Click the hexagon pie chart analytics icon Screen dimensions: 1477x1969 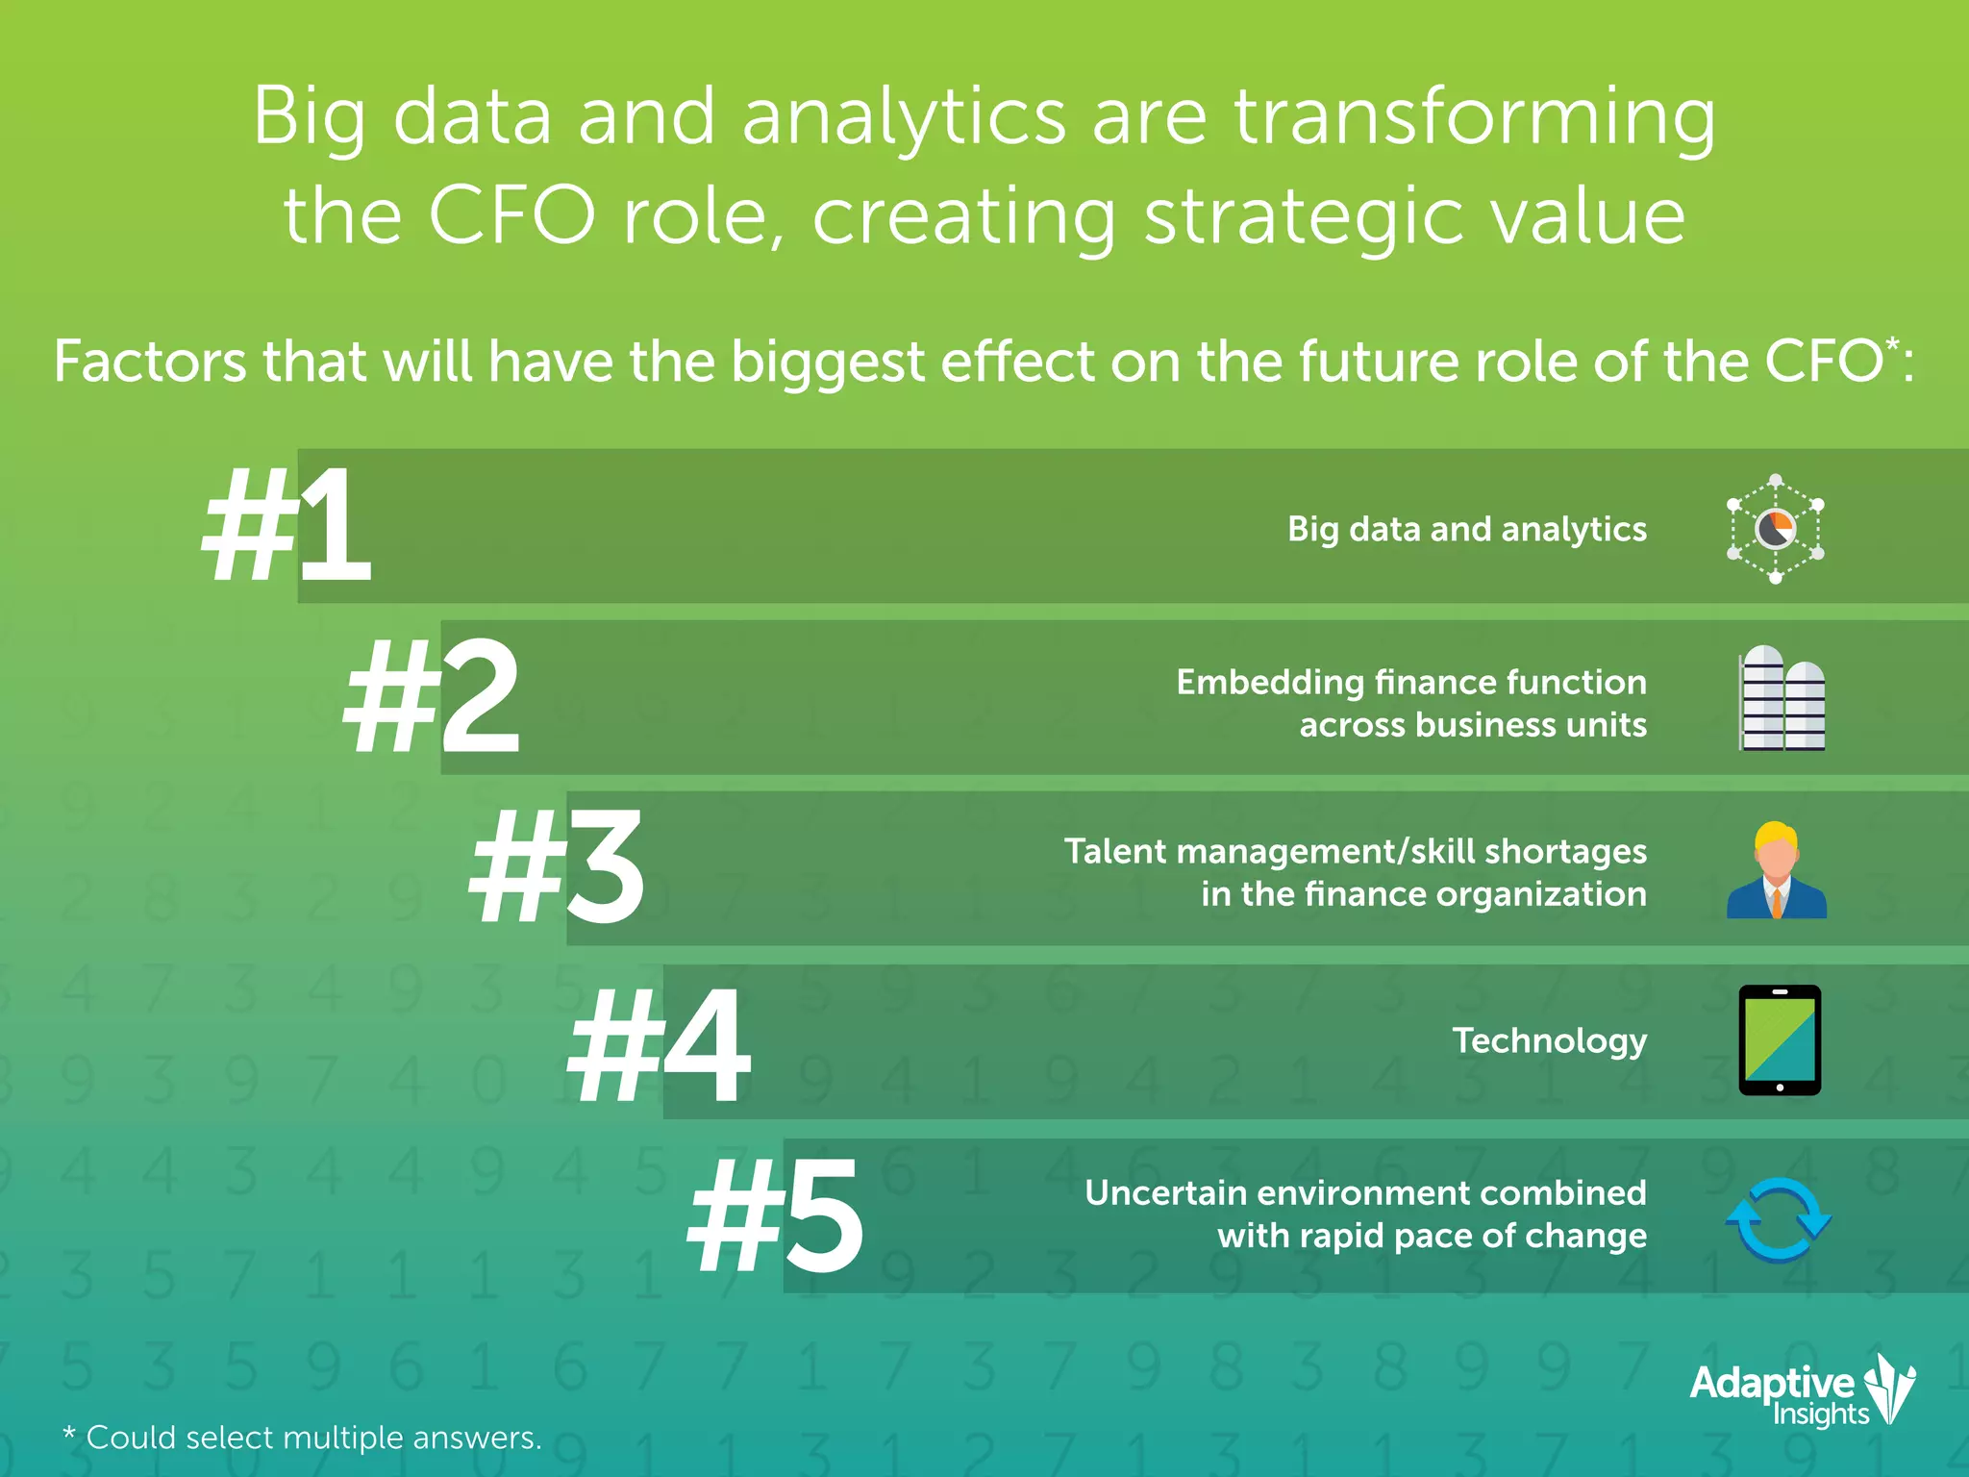click(1775, 528)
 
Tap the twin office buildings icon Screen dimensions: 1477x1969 click(1782, 698)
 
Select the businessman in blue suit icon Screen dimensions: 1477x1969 click(1776, 870)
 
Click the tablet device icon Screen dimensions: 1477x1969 click(1780, 1040)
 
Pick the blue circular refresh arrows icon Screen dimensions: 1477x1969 click(1779, 1219)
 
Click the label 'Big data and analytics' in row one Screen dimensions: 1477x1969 click(1466, 530)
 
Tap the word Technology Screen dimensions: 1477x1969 click(1549, 1040)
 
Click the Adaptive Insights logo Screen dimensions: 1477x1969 click(1802, 1389)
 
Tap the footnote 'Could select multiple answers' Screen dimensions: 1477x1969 click(312, 1438)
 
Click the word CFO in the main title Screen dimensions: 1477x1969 click(511, 215)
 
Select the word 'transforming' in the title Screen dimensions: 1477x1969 click(1474, 117)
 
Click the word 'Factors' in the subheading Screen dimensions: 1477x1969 click(150, 362)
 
